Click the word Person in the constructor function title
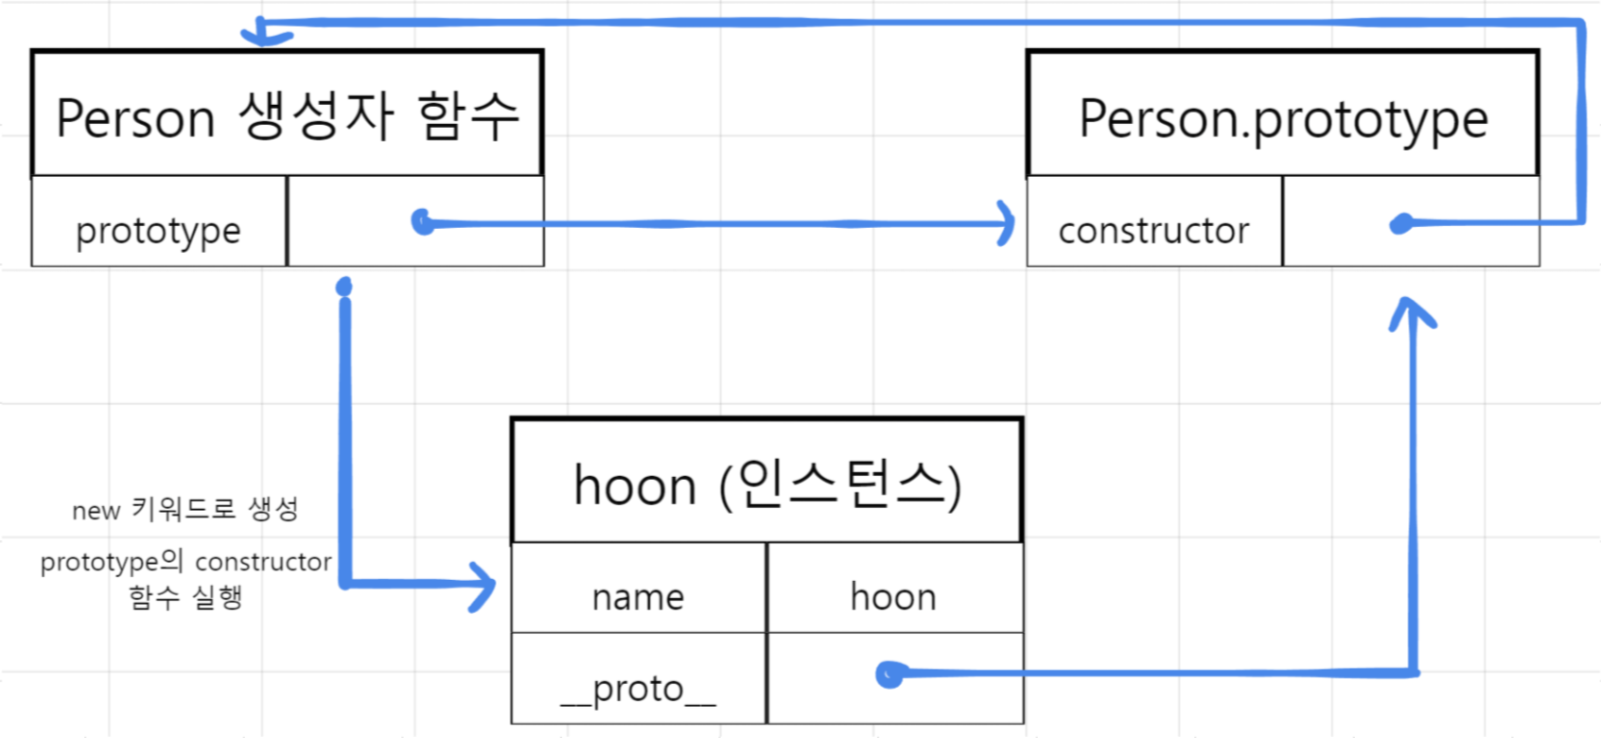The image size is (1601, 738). pos(136,118)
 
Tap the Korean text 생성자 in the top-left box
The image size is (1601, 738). pos(316,116)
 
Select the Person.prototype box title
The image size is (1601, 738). pos(1283,119)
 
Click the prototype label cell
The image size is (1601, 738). pos(158,230)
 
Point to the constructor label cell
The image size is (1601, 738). pos(1153,230)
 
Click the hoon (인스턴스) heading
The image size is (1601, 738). pos(767,484)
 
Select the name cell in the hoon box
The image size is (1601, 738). pos(638,597)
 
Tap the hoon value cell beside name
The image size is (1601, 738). pos(893,597)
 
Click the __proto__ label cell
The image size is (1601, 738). pos(638,688)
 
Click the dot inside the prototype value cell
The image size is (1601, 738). pos(423,222)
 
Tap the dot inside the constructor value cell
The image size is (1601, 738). pos(1401,223)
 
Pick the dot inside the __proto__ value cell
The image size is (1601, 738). pos(888,674)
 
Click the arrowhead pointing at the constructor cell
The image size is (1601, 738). pos(1006,224)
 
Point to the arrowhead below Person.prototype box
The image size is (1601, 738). pos(1412,312)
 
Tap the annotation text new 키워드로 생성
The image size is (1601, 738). pos(185,510)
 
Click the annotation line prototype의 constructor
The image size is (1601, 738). pos(186,562)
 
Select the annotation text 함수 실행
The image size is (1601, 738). pos(186,597)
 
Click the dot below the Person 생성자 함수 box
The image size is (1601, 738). pos(344,287)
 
